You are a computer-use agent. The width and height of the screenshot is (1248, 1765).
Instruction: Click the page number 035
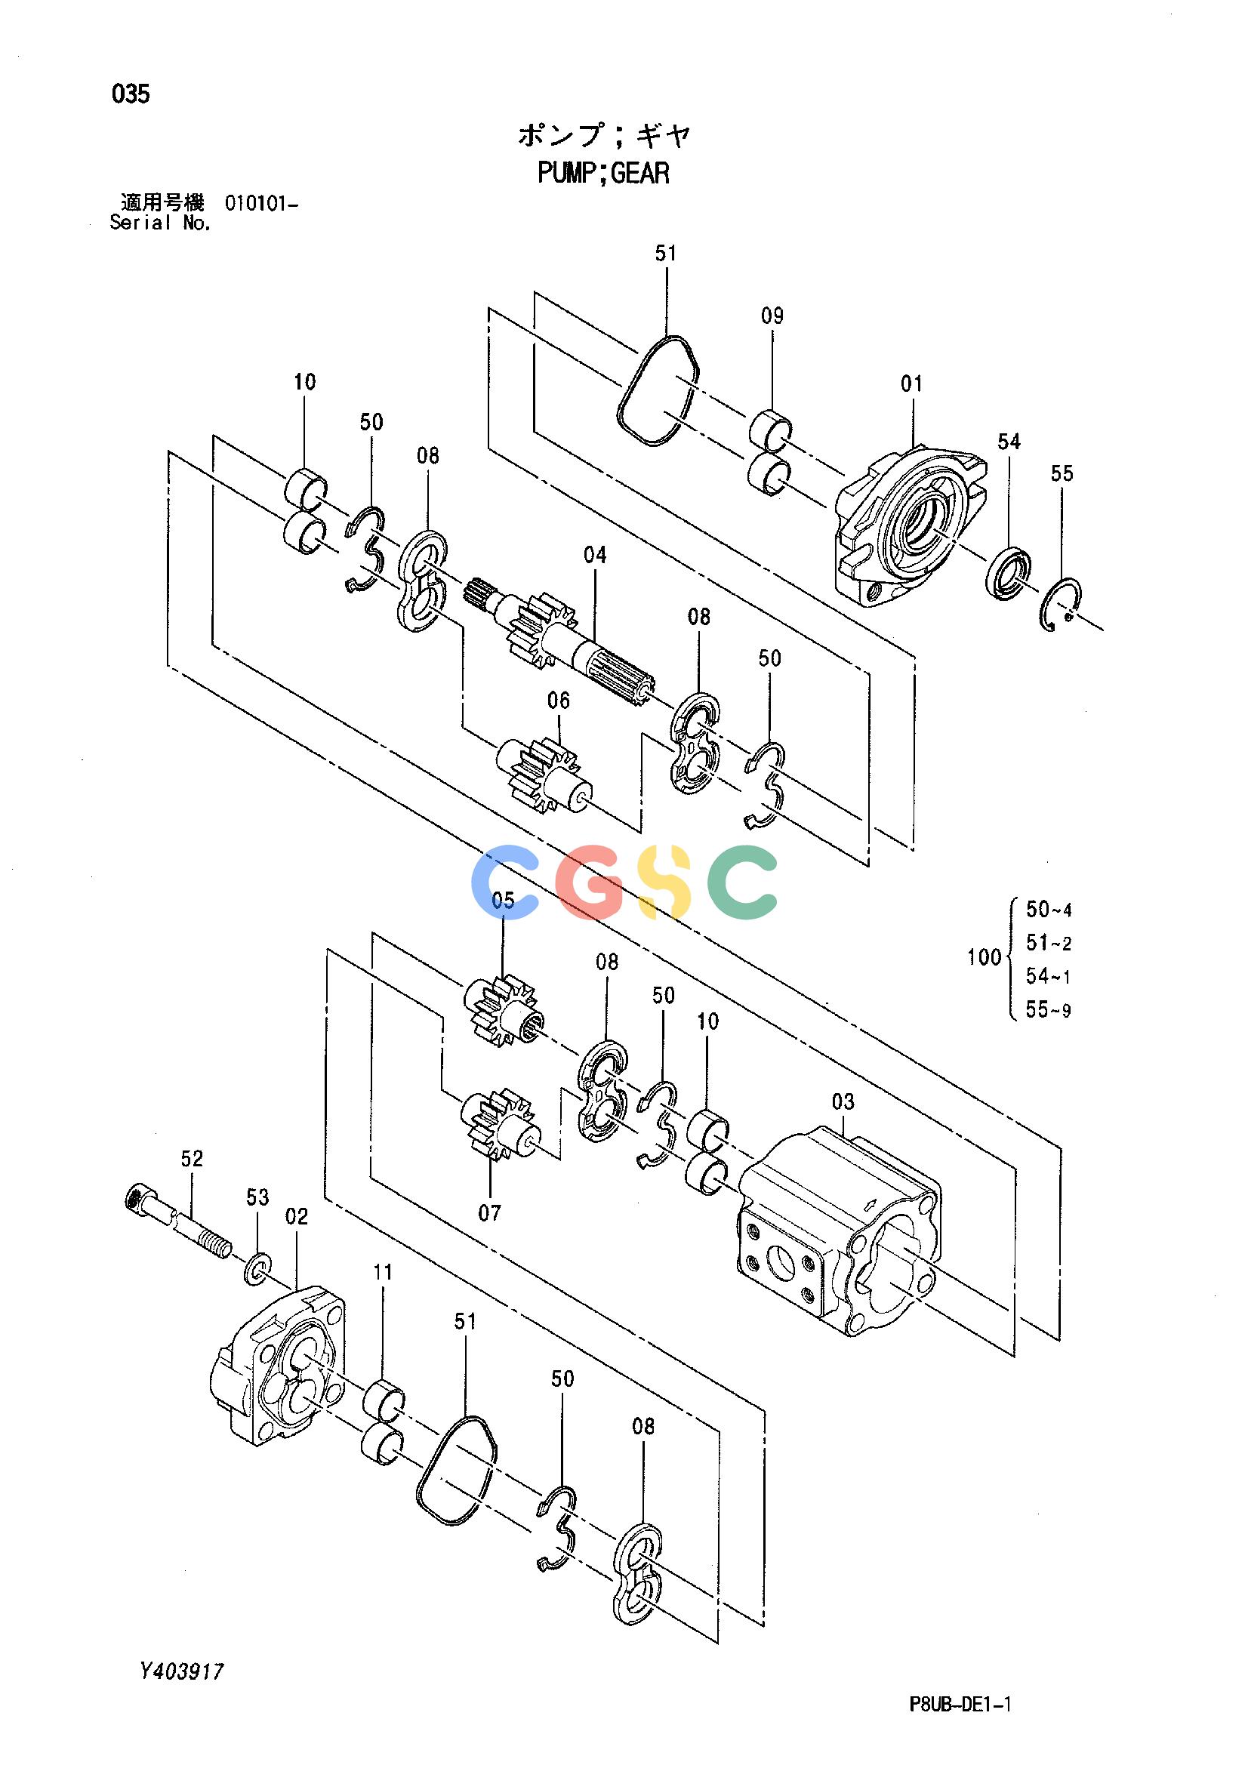click(131, 94)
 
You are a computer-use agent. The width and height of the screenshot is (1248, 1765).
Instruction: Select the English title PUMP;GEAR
click(604, 173)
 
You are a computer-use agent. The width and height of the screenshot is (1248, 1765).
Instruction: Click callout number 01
click(911, 383)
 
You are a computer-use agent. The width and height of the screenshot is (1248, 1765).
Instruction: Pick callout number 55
click(1062, 473)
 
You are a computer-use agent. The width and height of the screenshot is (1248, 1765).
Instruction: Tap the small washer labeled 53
click(257, 1271)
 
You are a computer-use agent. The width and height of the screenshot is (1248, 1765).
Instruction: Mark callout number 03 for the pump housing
click(843, 1101)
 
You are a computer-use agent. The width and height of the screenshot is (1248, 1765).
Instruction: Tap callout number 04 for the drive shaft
click(594, 554)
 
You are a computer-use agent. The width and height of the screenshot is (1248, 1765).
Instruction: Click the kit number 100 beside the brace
click(985, 957)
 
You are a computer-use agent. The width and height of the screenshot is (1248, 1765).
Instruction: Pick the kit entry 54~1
click(1049, 976)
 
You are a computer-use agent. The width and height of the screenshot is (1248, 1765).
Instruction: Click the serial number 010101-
click(261, 204)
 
